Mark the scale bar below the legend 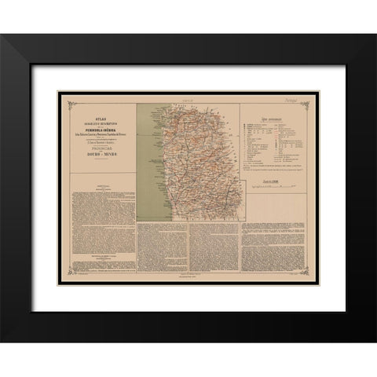(273, 189)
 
